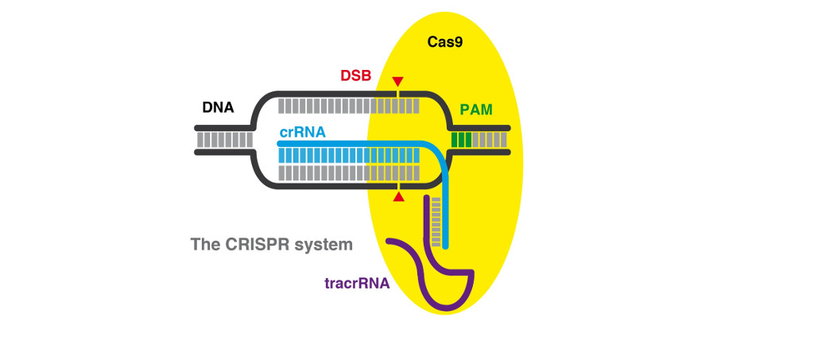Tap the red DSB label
coord(355,76)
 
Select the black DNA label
coord(218,107)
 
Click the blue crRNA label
coord(302,133)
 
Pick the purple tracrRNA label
coord(357,282)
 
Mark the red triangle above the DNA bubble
coord(397,81)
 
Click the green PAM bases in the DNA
coord(462,140)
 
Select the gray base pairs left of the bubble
coord(224,140)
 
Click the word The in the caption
coord(205,245)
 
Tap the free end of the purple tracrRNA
coord(389,241)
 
